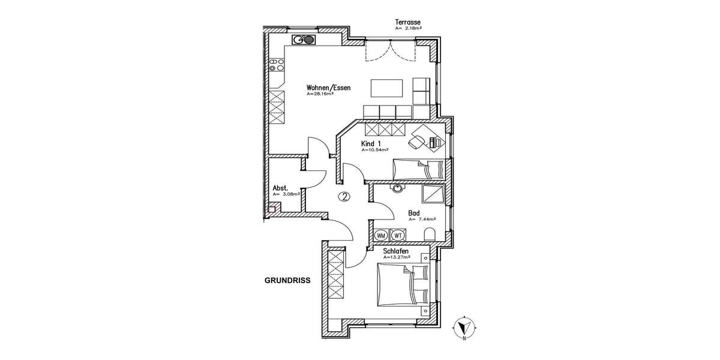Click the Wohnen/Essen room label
coord(328,88)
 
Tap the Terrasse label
coord(407,22)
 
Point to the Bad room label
coord(413,213)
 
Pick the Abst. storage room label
coord(280,188)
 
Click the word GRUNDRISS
coord(287,280)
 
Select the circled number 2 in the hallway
coord(344,196)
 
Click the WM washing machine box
coord(380,235)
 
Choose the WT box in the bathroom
coord(398,235)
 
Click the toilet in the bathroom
coord(428,233)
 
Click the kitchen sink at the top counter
coord(304,40)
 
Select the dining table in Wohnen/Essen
coord(388,88)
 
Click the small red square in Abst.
coord(271,209)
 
